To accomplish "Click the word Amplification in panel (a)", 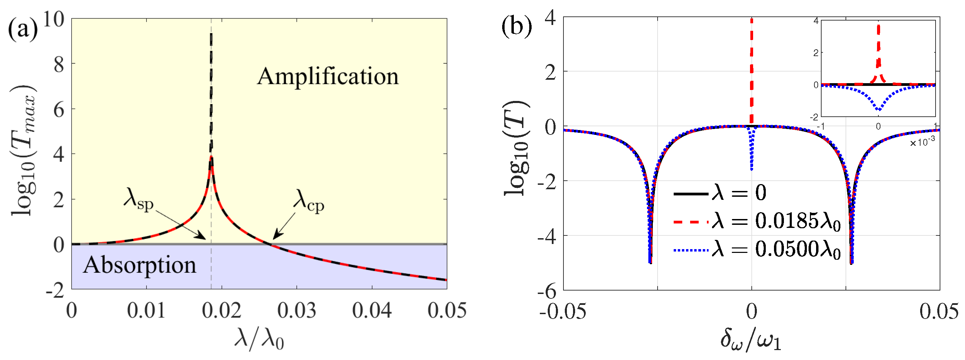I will click(328, 76).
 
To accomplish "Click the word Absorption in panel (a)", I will click(139, 265).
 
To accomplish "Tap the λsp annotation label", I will click(138, 199).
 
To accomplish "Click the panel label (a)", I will click(23, 28).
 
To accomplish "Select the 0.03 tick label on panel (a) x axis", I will click(297, 311).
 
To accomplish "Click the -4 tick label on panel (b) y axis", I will click(547, 236).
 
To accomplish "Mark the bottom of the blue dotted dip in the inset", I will click(878, 110).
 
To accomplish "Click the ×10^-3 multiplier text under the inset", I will click(922, 142).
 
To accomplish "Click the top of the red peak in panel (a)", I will click(211, 157).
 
